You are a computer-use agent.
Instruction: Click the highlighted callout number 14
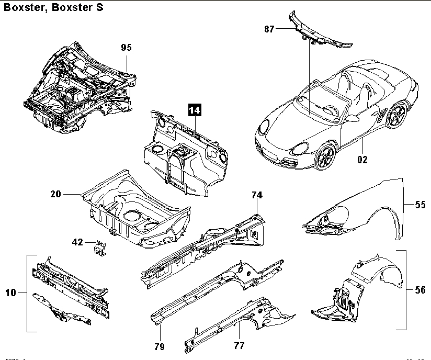click(195, 110)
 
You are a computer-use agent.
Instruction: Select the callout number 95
click(126, 48)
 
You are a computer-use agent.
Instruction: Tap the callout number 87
click(269, 29)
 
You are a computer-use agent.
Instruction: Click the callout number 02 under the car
click(362, 160)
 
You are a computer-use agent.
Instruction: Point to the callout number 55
click(421, 205)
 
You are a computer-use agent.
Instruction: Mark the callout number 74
click(256, 195)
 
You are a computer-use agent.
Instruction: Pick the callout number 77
click(239, 345)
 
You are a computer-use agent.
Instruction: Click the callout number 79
click(160, 346)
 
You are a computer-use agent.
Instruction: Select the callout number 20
click(56, 195)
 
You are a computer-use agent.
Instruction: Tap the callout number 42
click(77, 242)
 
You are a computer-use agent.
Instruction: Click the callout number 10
click(11, 293)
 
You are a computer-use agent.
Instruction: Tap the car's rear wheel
click(397, 116)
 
